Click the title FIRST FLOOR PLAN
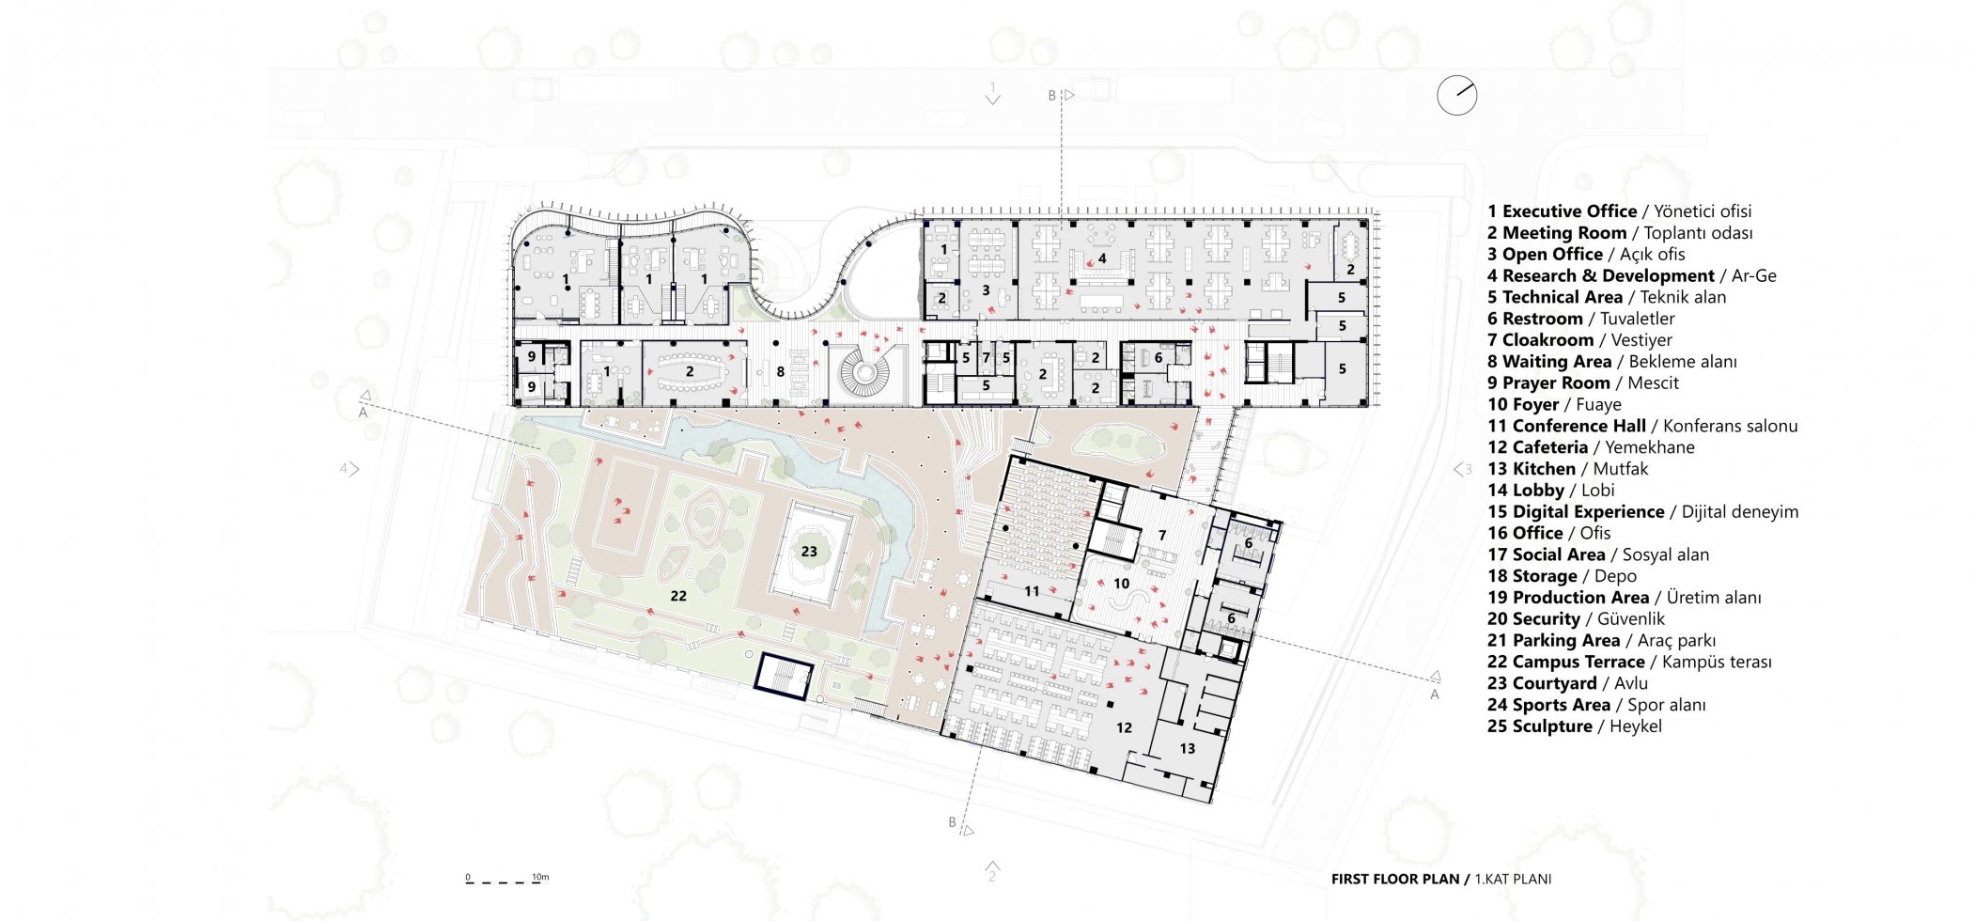[x=1395, y=880]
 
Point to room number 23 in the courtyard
[x=809, y=552]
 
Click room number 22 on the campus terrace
[x=678, y=596]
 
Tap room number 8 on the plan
[x=780, y=372]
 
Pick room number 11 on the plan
[x=1032, y=591]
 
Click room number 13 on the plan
[x=1188, y=749]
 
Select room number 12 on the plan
[x=1124, y=727]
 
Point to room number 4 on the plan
[x=1102, y=258]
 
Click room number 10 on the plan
[x=1121, y=584]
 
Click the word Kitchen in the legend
[x=1544, y=469]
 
